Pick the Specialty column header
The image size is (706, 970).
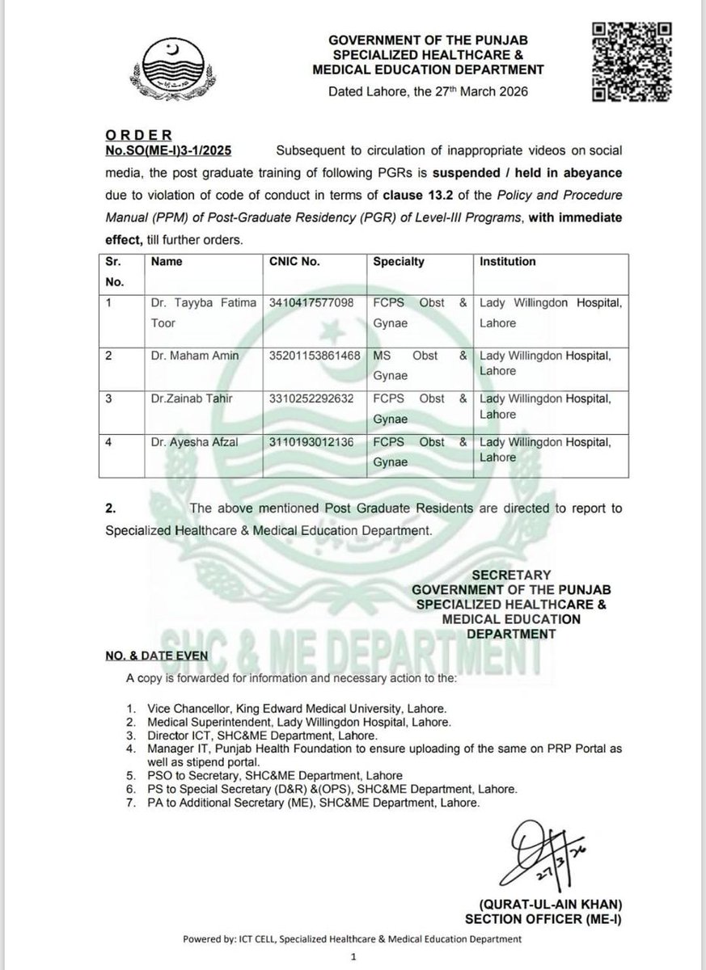tap(398, 262)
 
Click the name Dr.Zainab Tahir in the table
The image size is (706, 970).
tap(188, 398)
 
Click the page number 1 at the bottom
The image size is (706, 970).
tap(353, 955)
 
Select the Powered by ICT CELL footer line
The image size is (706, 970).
tap(352, 938)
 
